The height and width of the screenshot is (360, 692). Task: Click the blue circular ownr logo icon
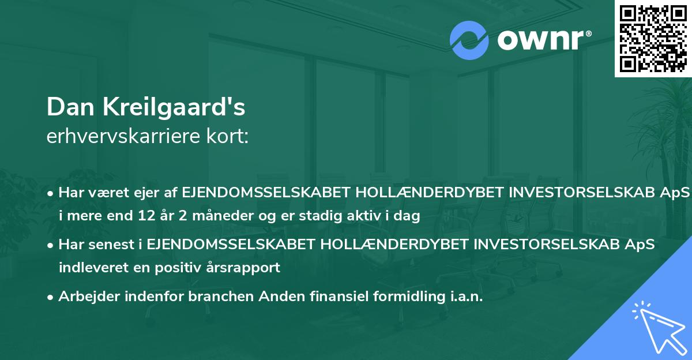[x=469, y=40]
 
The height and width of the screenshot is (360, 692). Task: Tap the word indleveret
[x=89, y=268]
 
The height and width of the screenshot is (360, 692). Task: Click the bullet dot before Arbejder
[x=52, y=297]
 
